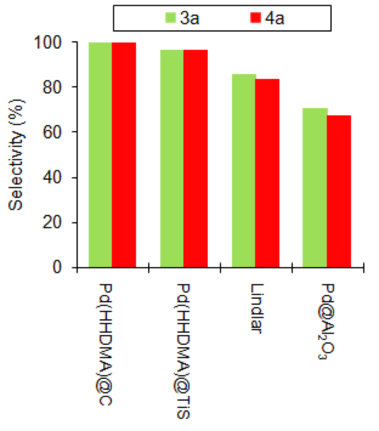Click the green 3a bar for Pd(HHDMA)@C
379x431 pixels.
pos(100,155)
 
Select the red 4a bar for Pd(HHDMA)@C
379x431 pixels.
pos(124,155)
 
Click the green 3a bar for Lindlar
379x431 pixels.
pos(244,171)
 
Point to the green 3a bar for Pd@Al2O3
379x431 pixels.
pos(315,188)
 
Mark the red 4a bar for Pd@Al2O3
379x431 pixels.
pos(339,191)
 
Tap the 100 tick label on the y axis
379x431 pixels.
pos(51,42)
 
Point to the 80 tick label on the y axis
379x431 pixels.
pos(55,87)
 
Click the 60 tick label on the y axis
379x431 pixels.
pos(55,132)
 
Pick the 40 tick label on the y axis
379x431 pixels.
pos(55,177)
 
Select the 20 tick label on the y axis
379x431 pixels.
pos(55,222)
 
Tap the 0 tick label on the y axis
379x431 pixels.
pos(59,267)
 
